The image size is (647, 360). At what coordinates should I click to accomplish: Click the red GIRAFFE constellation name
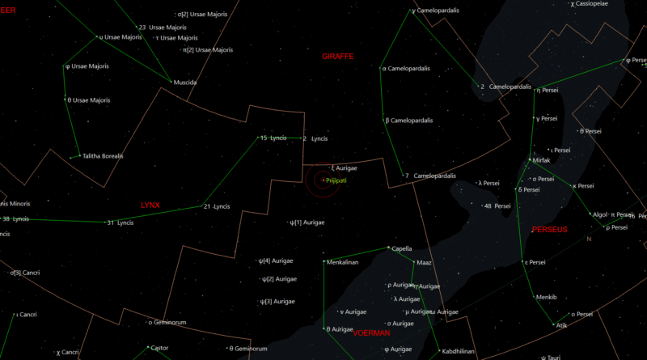click(338, 57)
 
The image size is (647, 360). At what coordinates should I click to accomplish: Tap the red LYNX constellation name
click(150, 205)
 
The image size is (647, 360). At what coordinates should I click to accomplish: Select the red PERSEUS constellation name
click(550, 230)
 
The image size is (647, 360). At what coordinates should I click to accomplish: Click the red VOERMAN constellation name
click(371, 332)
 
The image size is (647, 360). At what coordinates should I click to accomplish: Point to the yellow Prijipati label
click(336, 180)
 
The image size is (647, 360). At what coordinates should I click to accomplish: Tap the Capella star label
click(402, 248)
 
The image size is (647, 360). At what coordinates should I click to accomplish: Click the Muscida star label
click(185, 83)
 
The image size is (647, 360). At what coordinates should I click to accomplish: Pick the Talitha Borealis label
click(102, 156)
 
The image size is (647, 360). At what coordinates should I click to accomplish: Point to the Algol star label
click(599, 215)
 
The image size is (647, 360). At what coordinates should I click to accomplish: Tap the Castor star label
click(159, 348)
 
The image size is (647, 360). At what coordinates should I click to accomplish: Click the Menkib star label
click(547, 297)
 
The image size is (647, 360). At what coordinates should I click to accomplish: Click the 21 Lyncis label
click(217, 206)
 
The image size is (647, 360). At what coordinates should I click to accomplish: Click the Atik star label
click(560, 325)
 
